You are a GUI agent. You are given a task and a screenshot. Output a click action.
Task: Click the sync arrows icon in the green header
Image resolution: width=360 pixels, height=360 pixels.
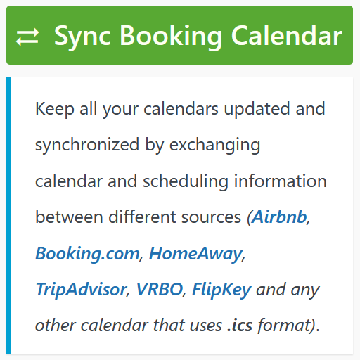coord(28,37)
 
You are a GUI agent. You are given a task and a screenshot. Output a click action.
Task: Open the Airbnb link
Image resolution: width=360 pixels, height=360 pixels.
coord(280,217)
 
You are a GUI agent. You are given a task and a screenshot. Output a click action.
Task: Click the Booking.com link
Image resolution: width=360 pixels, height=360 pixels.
coord(87,253)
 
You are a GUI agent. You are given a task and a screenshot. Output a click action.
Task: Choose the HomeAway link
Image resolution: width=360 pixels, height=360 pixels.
coord(195,253)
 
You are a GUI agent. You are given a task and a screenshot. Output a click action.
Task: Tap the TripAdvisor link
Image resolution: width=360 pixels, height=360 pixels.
coord(81,290)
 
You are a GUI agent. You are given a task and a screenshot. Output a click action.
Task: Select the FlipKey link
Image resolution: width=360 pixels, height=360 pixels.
coord(221,290)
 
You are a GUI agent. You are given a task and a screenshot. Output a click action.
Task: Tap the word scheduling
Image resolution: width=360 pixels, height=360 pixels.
coord(186,181)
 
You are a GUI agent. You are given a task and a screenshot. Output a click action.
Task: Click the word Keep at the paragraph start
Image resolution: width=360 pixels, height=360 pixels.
coord(55,109)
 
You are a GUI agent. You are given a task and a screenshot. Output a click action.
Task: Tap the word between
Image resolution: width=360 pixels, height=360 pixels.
coord(68,217)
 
